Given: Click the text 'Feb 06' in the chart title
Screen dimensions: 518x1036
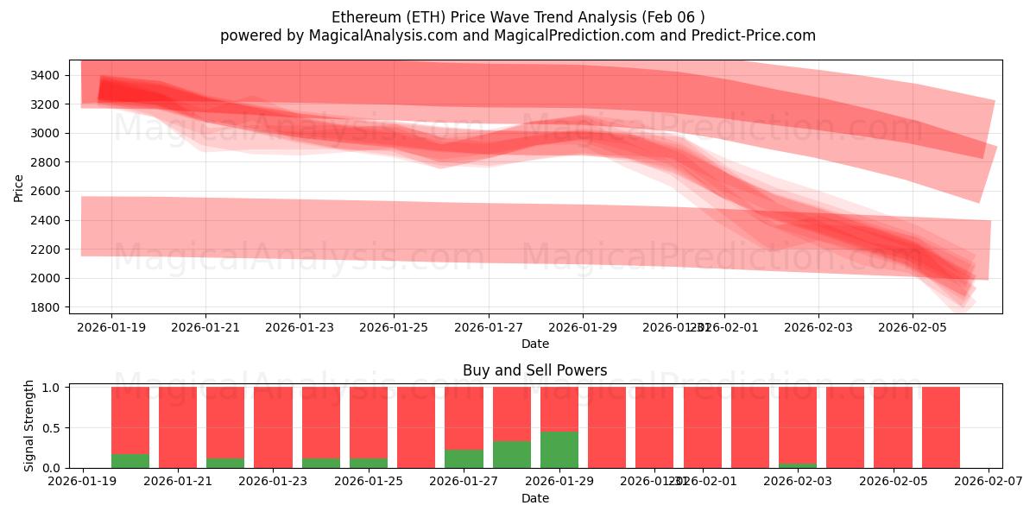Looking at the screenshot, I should coord(679,17).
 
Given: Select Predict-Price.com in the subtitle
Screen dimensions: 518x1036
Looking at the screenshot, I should coord(751,35).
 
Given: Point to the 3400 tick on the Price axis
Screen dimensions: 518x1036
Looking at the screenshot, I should coord(43,76).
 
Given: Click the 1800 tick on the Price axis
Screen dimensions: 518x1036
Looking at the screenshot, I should coord(43,307).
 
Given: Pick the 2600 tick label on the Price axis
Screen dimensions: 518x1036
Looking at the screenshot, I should coord(43,192).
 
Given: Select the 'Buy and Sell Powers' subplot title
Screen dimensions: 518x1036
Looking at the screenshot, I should coord(534,370).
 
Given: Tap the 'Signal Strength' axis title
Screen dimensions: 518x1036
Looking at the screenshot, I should coord(29,425).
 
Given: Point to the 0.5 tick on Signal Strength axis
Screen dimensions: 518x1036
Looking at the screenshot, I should coord(51,428).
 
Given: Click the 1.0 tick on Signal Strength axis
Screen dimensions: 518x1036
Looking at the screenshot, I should coord(51,388).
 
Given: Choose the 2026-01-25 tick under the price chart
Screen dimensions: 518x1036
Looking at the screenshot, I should coord(394,328).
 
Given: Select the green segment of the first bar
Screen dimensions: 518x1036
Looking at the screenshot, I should coord(130,461).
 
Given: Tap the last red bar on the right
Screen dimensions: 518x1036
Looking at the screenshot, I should coord(940,427).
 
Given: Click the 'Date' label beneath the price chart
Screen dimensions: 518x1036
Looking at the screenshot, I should coord(534,344).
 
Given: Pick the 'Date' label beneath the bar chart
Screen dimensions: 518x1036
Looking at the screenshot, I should coord(534,498).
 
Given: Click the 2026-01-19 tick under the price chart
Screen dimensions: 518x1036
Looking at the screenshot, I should coord(111,328).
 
